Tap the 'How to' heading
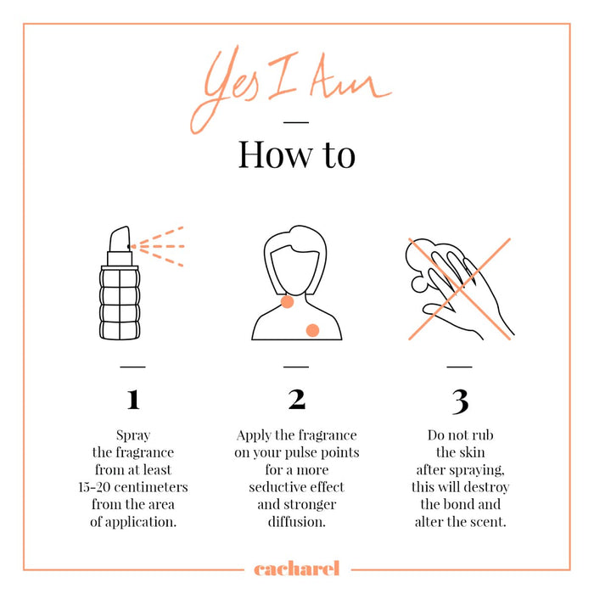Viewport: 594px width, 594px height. tap(297, 154)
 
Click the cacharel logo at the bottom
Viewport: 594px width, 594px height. tap(297, 569)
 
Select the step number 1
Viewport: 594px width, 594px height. tap(133, 400)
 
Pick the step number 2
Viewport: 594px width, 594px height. tap(297, 400)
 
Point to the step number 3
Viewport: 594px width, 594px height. tap(460, 401)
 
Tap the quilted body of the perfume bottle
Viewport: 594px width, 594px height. tap(120, 304)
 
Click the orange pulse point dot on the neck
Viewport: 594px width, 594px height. tap(287, 302)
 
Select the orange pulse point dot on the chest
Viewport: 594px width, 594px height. tap(312, 330)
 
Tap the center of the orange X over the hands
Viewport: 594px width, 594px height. tap(460, 289)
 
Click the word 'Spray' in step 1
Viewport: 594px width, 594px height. tap(133, 435)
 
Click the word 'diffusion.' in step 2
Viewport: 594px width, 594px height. tap(297, 522)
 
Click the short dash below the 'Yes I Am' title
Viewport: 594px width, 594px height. tap(296, 122)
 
